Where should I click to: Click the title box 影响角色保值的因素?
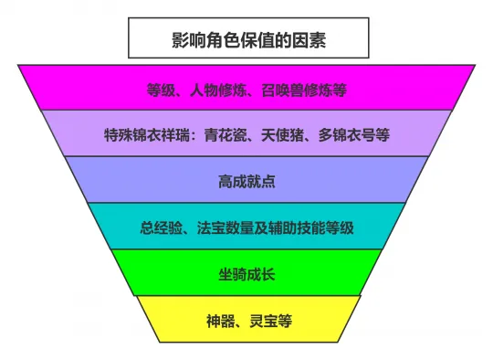coord(247,39)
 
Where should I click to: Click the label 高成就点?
coord(246,181)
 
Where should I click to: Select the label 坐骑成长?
coord(246,273)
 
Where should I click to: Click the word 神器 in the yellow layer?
coord(220,320)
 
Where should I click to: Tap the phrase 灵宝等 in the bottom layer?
coord(268,320)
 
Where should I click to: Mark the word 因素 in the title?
coord(310,40)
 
